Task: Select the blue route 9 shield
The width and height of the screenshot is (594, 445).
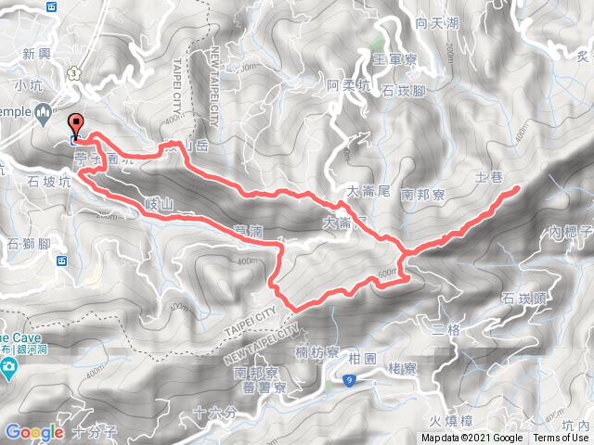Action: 349,379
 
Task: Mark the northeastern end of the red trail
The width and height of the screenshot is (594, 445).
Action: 517,189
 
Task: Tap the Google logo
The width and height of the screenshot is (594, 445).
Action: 34,432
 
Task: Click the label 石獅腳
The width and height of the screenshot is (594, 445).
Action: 27,244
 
